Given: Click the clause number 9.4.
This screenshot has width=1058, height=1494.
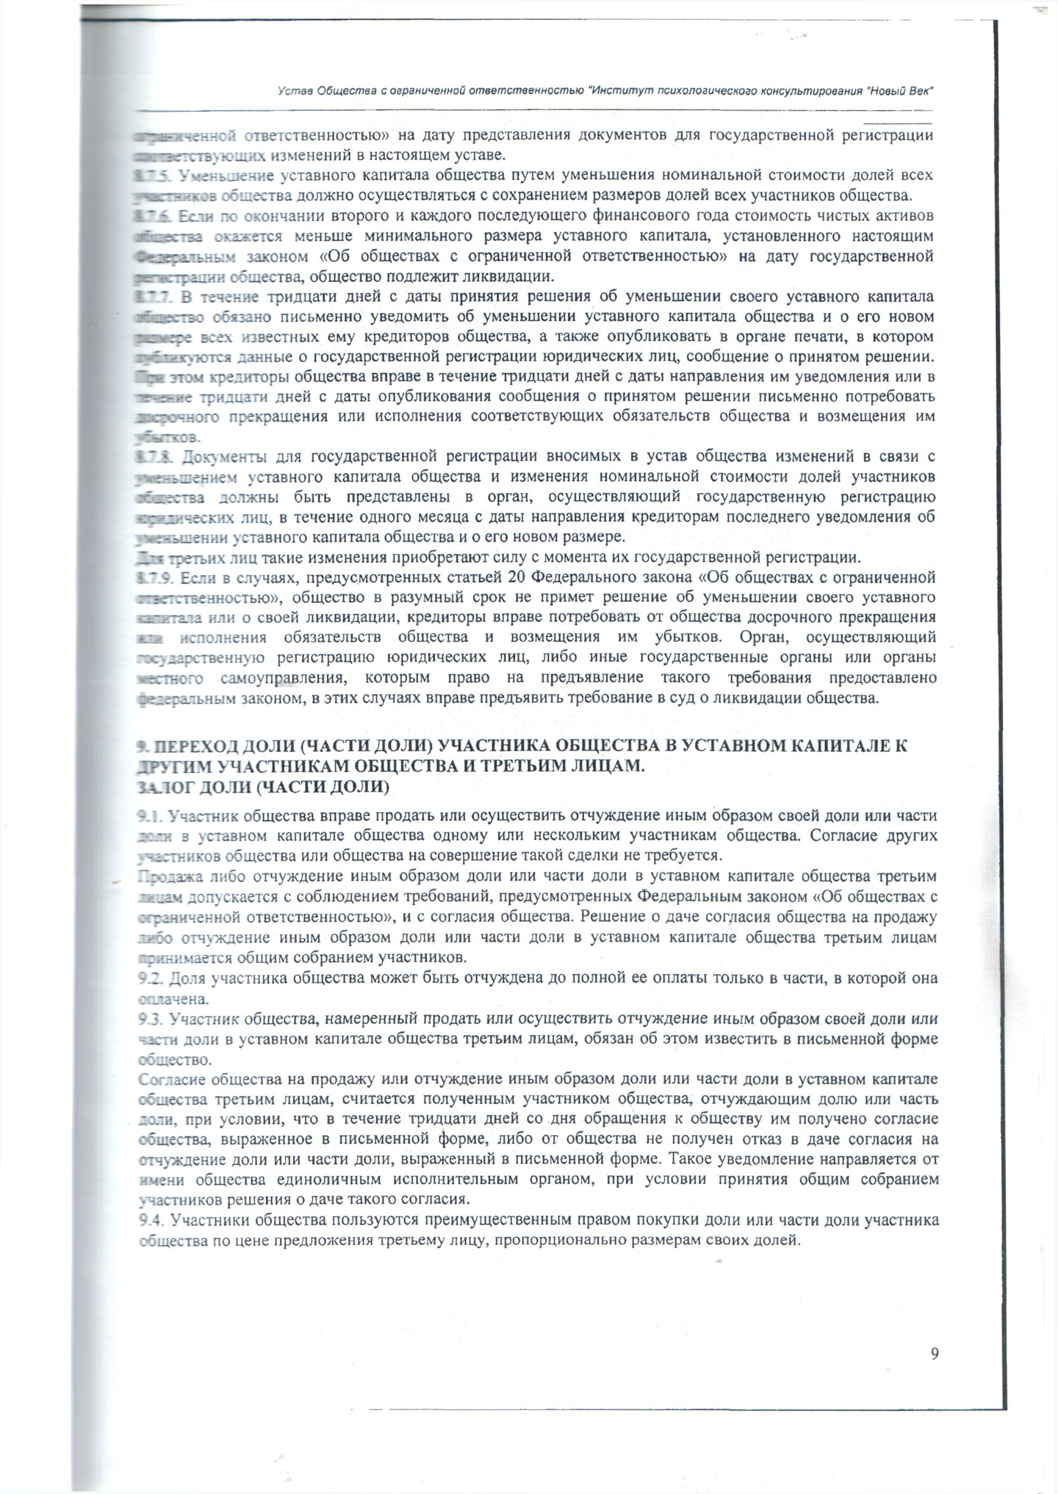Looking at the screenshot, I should tap(152, 1165).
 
